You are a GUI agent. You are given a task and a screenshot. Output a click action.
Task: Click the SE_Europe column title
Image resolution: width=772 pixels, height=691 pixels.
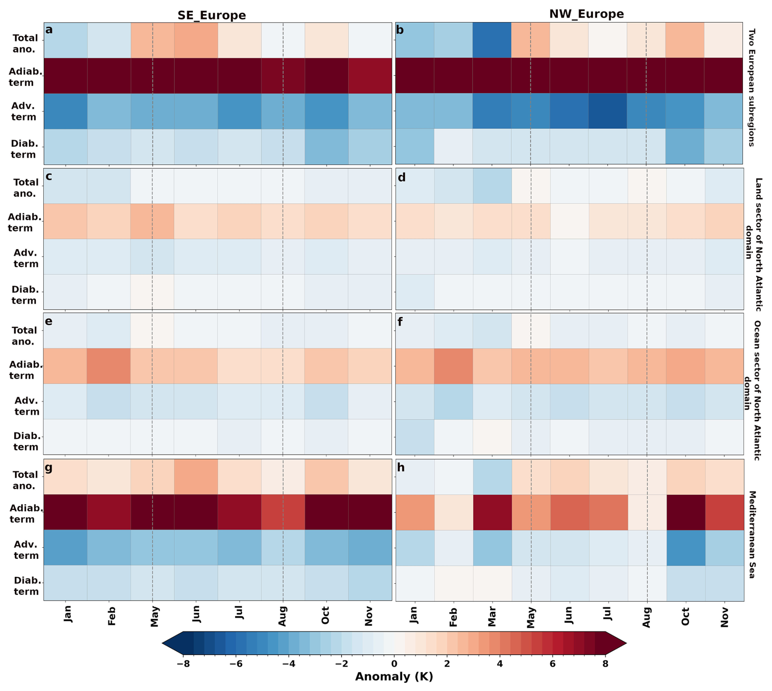tap(212, 15)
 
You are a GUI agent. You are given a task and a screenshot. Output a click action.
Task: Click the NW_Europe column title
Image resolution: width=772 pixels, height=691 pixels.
tap(586, 14)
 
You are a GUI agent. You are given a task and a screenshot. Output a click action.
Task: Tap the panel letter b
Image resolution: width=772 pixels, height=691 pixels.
tap(400, 30)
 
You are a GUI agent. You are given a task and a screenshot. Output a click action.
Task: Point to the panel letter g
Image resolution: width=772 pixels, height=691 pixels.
tap(49, 468)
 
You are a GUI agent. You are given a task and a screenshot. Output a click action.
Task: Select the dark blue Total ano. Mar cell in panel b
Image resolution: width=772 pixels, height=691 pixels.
tap(492, 40)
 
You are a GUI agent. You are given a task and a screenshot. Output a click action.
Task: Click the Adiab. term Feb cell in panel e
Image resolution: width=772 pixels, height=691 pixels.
tap(109, 366)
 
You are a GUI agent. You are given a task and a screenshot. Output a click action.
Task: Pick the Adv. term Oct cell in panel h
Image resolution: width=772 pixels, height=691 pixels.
tap(686, 548)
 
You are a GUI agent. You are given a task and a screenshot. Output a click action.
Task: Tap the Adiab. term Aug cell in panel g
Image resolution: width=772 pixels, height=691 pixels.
tap(283, 512)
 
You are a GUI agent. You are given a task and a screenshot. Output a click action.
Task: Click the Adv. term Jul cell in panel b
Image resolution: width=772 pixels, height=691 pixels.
tap(608, 111)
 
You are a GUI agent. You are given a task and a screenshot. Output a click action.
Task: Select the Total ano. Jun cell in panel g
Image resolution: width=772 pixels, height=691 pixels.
tap(196, 477)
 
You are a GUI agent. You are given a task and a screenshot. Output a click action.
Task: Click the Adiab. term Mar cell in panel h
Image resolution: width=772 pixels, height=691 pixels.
tap(492, 512)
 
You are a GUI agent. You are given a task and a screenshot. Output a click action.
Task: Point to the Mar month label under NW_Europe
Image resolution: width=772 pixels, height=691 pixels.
tap(492, 616)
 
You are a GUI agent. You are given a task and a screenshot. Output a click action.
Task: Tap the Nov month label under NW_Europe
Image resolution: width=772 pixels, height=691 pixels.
tap(724, 616)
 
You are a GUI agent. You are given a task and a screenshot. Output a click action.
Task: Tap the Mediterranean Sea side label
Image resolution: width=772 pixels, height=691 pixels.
tap(752, 534)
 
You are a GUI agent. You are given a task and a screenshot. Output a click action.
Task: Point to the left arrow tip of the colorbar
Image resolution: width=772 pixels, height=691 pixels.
tap(162, 644)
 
